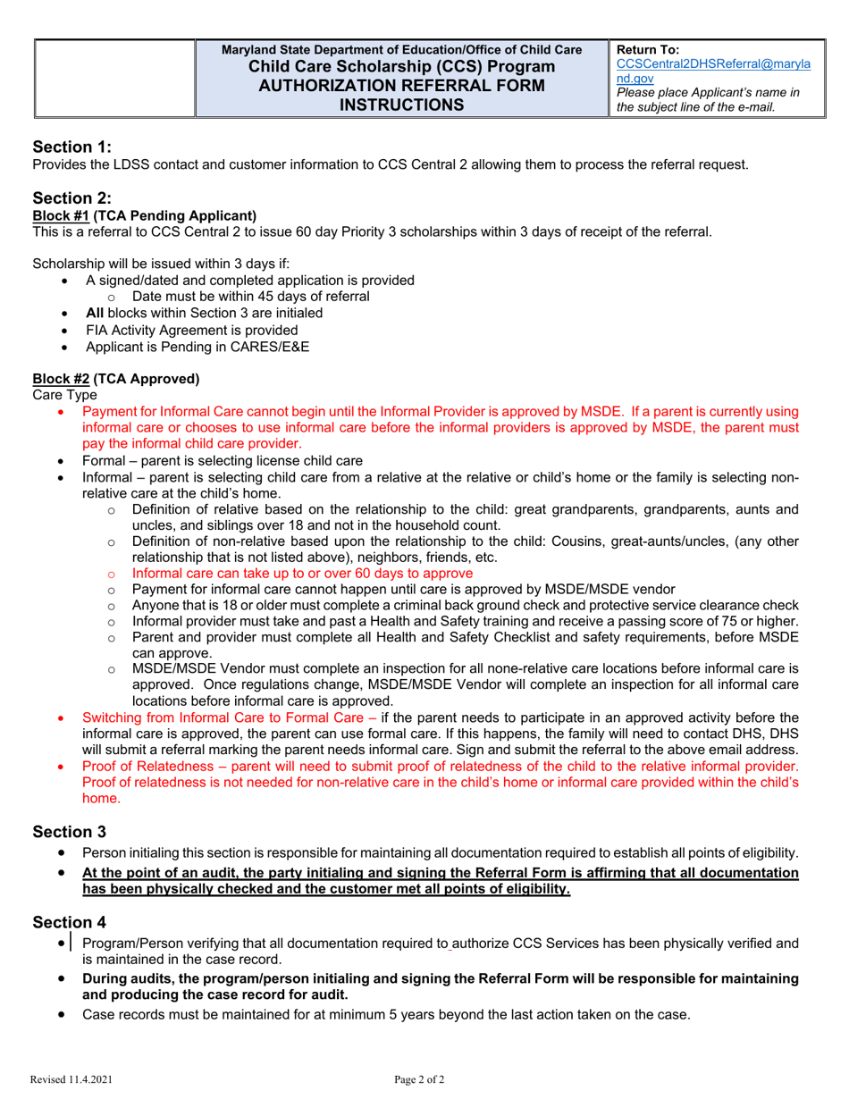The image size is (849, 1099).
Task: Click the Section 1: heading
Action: point(72,147)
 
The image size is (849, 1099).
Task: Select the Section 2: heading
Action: point(72,198)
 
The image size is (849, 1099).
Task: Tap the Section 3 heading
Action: point(70,832)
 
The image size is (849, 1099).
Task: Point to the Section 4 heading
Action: point(70,921)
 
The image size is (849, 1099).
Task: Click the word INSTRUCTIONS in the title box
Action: point(401,105)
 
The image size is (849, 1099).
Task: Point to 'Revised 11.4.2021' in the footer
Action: point(71,1079)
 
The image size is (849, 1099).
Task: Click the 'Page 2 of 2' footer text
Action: point(419,1079)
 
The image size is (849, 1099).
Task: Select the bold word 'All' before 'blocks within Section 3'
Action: point(95,313)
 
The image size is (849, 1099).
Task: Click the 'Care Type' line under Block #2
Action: point(65,394)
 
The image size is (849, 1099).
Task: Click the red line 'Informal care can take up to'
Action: point(302,573)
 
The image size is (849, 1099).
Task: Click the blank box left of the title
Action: point(114,78)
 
